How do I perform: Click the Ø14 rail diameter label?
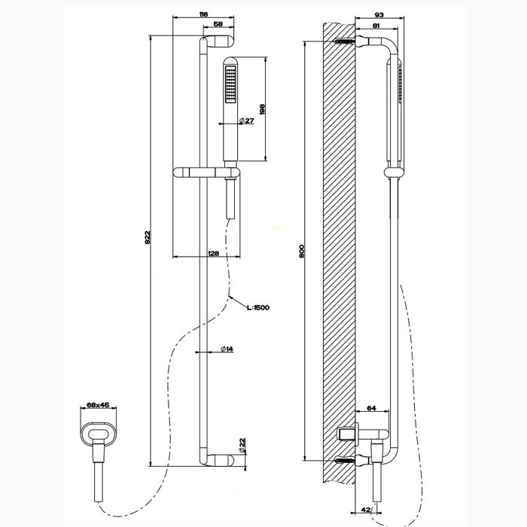click(227, 348)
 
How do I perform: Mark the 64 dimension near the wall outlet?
click(372, 408)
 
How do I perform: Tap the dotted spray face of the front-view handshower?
click(230, 84)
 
